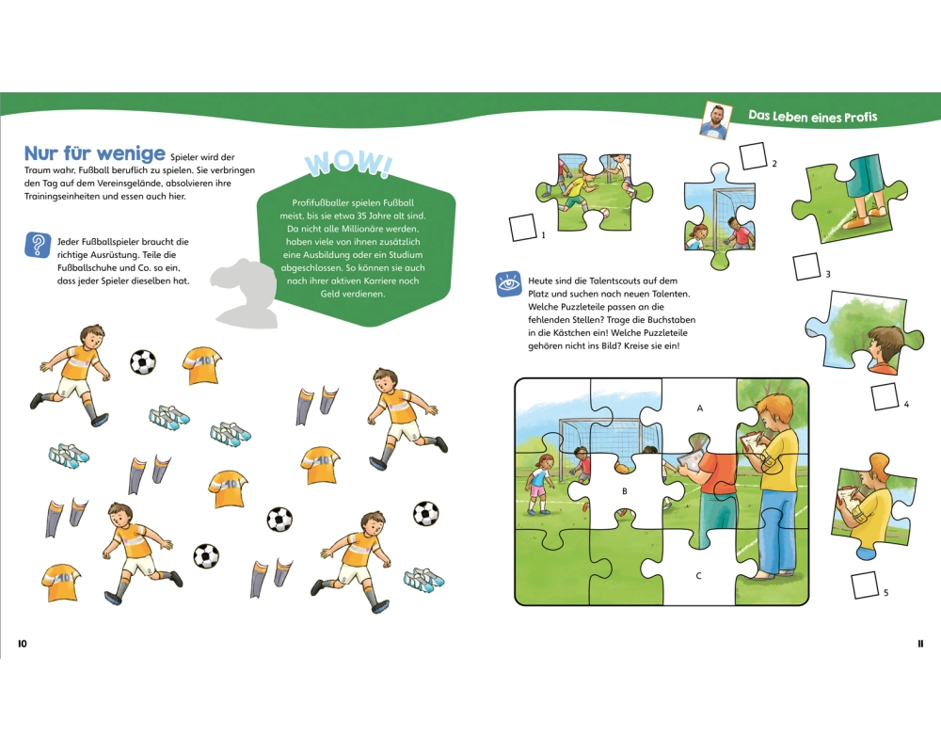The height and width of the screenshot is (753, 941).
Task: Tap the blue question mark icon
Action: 38,245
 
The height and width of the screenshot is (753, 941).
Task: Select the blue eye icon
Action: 508,284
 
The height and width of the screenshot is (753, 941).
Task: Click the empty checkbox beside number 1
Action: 522,228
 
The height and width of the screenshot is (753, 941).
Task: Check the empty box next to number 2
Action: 754,156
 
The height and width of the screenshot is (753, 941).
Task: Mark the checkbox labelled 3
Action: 806,266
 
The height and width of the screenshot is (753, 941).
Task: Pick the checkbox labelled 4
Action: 885,396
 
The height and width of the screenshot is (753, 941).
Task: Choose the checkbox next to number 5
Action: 865,585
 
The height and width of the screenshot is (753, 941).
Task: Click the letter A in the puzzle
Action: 700,409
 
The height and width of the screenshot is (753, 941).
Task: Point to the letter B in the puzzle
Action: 625,491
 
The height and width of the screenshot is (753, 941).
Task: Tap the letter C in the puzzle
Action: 698,576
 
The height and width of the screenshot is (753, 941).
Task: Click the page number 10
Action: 23,644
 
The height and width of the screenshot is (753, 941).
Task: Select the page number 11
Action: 920,644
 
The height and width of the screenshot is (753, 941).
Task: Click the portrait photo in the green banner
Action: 714,120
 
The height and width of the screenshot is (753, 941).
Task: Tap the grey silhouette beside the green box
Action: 245,293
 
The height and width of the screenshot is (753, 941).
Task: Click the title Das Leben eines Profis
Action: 813,117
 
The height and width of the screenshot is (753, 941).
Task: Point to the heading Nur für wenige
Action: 94,153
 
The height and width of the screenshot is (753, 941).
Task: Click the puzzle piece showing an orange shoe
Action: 849,197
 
